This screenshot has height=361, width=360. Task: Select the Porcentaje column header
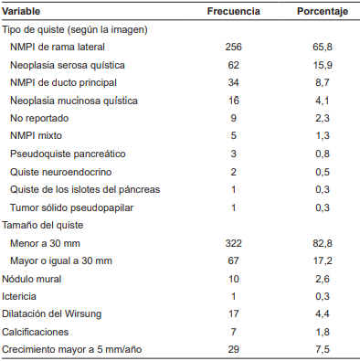(321, 12)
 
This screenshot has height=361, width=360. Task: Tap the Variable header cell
(26, 12)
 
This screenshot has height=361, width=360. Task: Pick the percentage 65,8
(321, 47)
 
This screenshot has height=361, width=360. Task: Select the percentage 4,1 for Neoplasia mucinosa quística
(321, 101)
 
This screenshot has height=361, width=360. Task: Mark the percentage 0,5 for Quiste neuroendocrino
(321, 171)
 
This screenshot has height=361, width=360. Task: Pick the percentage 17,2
(321, 260)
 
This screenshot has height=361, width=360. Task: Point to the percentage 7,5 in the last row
(321, 349)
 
